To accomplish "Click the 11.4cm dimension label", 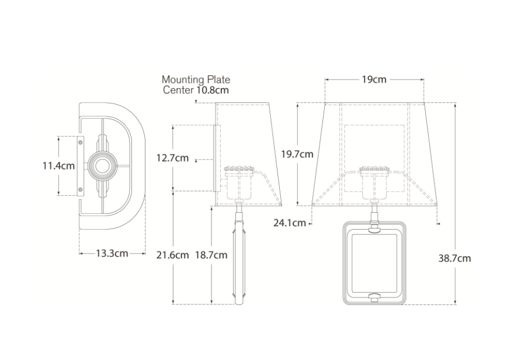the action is [x=58, y=165].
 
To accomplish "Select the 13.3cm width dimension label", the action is [x=112, y=253].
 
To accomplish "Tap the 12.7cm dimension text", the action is [x=172, y=158].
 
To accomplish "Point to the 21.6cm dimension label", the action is [x=172, y=255].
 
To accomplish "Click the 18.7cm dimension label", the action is [x=211, y=255].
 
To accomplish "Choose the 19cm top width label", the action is [x=374, y=79].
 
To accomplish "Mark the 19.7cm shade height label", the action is [x=297, y=154].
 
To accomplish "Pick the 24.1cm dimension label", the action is [x=289, y=223].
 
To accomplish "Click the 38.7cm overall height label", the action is [x=454, y=258].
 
